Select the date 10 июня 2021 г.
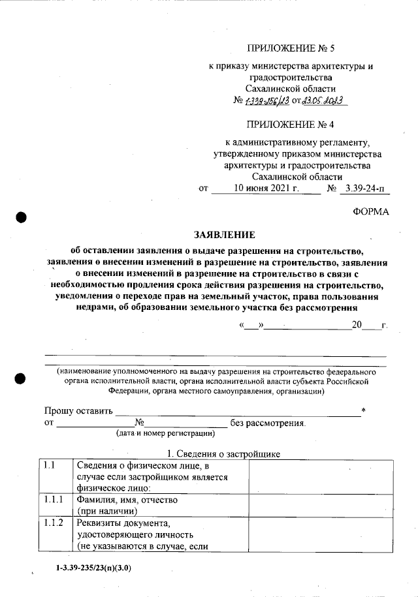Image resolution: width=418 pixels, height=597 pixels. tap(266, 189)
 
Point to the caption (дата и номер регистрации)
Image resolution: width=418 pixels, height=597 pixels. tap(166, 433)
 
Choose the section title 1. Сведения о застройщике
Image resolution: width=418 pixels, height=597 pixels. tap(224, 453)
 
